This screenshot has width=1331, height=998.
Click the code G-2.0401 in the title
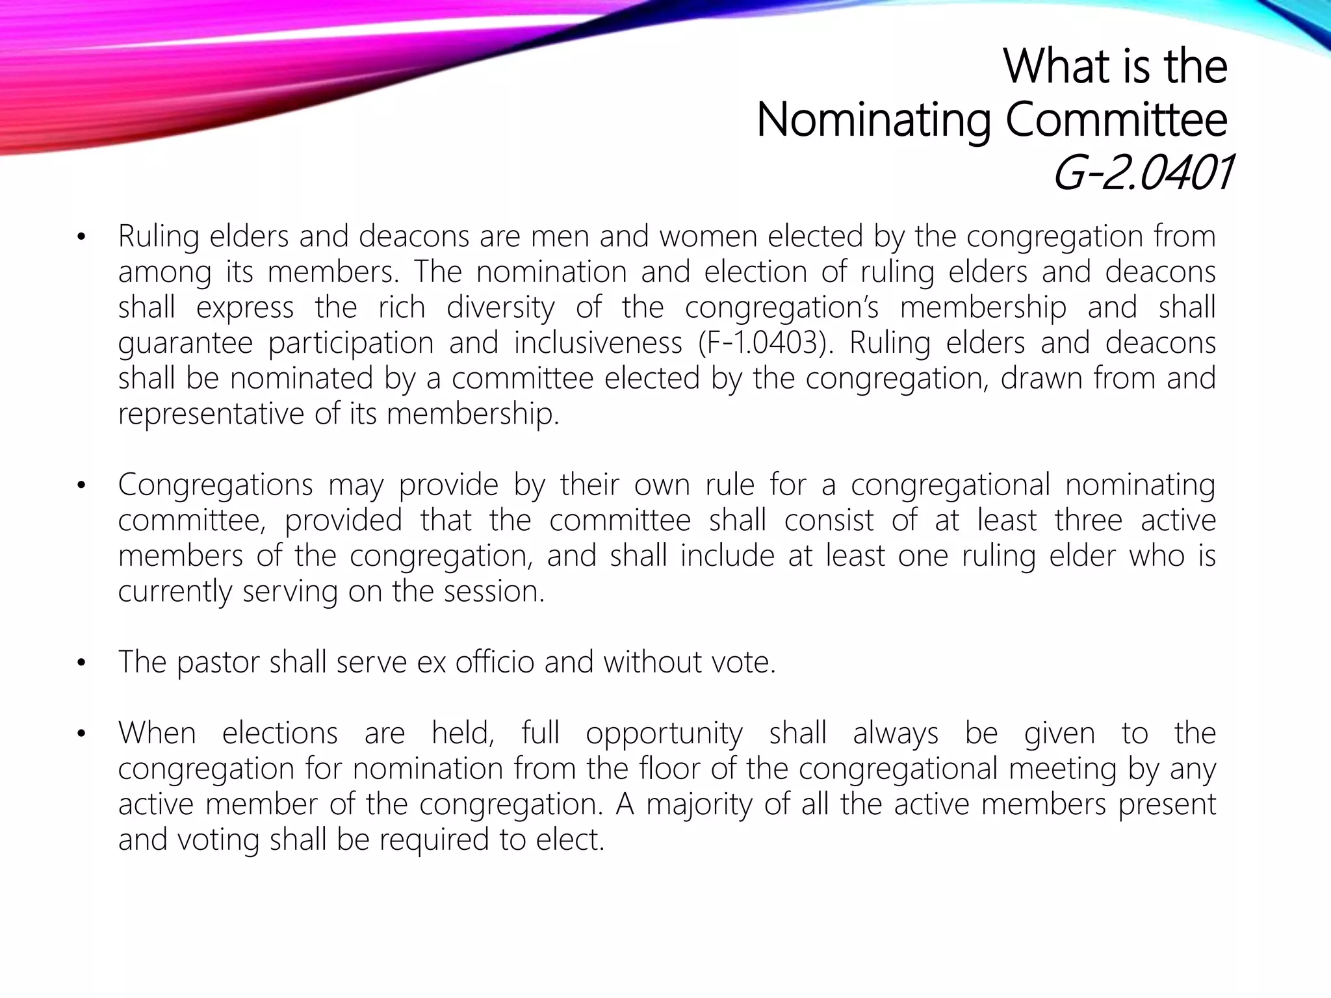click(1141, 175)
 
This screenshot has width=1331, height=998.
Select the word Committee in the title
click(1117, 120)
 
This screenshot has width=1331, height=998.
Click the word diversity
click(500, 307)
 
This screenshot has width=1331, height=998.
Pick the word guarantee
click(185, 344)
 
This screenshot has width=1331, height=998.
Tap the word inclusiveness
click(598, 342)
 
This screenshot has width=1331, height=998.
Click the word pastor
click(217, 663)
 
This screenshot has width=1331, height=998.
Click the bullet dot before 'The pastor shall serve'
click(81, 663)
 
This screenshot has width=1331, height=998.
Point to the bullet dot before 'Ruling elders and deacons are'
click(81, 237)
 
